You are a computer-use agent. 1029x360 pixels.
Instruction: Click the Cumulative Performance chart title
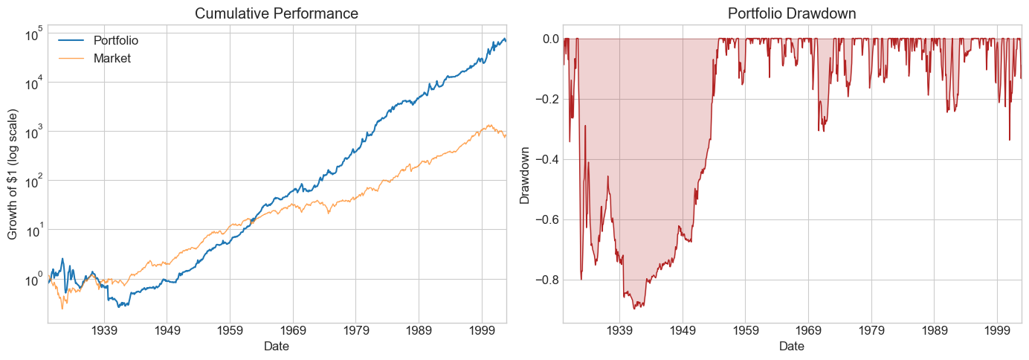pyautogui.click(x=277, y=13)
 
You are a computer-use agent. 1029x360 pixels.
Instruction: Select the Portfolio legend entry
pyautogui.click(x=116, y=40)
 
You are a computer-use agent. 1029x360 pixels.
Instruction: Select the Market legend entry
pyautogui.click(x=112, y=58)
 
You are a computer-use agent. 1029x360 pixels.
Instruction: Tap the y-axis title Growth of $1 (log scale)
pyautogui.click(x=13, y=174)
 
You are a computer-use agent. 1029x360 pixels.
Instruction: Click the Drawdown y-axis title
pyautogui.click(x=525, y=174)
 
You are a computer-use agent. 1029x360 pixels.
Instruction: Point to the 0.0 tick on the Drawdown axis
pyautogui.click(x=546, y=39)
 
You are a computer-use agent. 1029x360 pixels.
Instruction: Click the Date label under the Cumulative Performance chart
pyautogui.click(x=277, y=346)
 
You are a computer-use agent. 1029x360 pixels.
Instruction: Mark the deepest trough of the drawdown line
pyautogui.click(x=636, y=308)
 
